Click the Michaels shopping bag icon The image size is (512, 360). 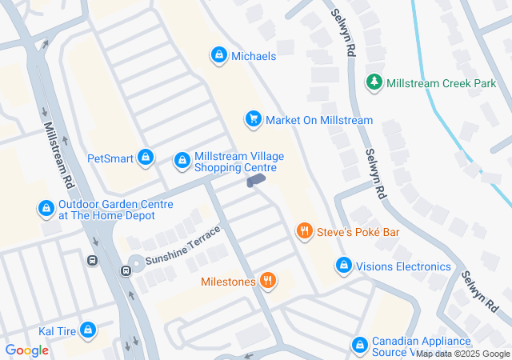pyautogui.click(x=218, y=55)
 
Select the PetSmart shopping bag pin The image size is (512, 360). pyautogui.click(x=145, y=158)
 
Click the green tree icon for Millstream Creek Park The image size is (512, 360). pyautogui.click(x=374, y=82)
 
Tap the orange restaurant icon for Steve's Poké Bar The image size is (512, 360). pyautogui.click(x=304, y=232)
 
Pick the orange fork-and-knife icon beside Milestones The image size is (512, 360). pyautogui.click(x=268, y=281)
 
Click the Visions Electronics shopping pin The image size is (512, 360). pyautogui.click(x=343, y=266)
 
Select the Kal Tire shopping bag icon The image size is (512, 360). pyautogui.click(x=88, y=330)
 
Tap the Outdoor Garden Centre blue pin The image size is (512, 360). pyautogui.click(x=46, y=210)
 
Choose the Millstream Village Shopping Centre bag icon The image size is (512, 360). pyautogui.click(x=182, y=162)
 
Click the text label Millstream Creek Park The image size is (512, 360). pyautogui.click(x=441, y=82)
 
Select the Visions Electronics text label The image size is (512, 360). pyautogui.click(x=403, y=266)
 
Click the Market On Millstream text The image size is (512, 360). pyautogui.click(x=319, y=120)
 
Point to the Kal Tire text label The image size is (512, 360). pyautogui.click(x=56, y=331)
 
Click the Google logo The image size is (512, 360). pyautogui.click(x=27, y=350)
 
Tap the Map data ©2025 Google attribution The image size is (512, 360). pyautogui.click(x=462, y=354)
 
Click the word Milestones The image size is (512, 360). pyautogui.click(x=229, y=282)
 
